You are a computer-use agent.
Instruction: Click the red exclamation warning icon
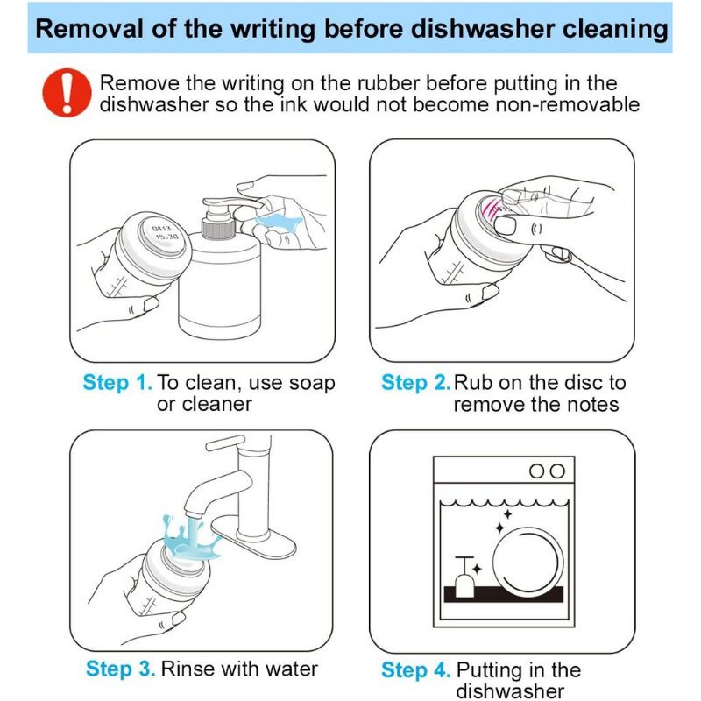(67, 93)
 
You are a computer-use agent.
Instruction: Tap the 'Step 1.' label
(117, 383)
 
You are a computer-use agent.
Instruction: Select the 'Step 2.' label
(415, 383)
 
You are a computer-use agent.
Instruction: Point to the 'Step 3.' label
(121, 669)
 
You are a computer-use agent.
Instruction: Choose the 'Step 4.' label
(415, 670)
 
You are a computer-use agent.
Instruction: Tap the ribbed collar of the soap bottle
(218, 228)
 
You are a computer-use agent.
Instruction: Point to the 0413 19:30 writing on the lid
(164, 232)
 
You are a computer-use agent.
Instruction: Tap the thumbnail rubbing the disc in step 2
(506, 225)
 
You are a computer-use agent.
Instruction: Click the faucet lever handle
(225, 443)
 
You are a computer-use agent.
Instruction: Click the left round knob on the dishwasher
(536, 471)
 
